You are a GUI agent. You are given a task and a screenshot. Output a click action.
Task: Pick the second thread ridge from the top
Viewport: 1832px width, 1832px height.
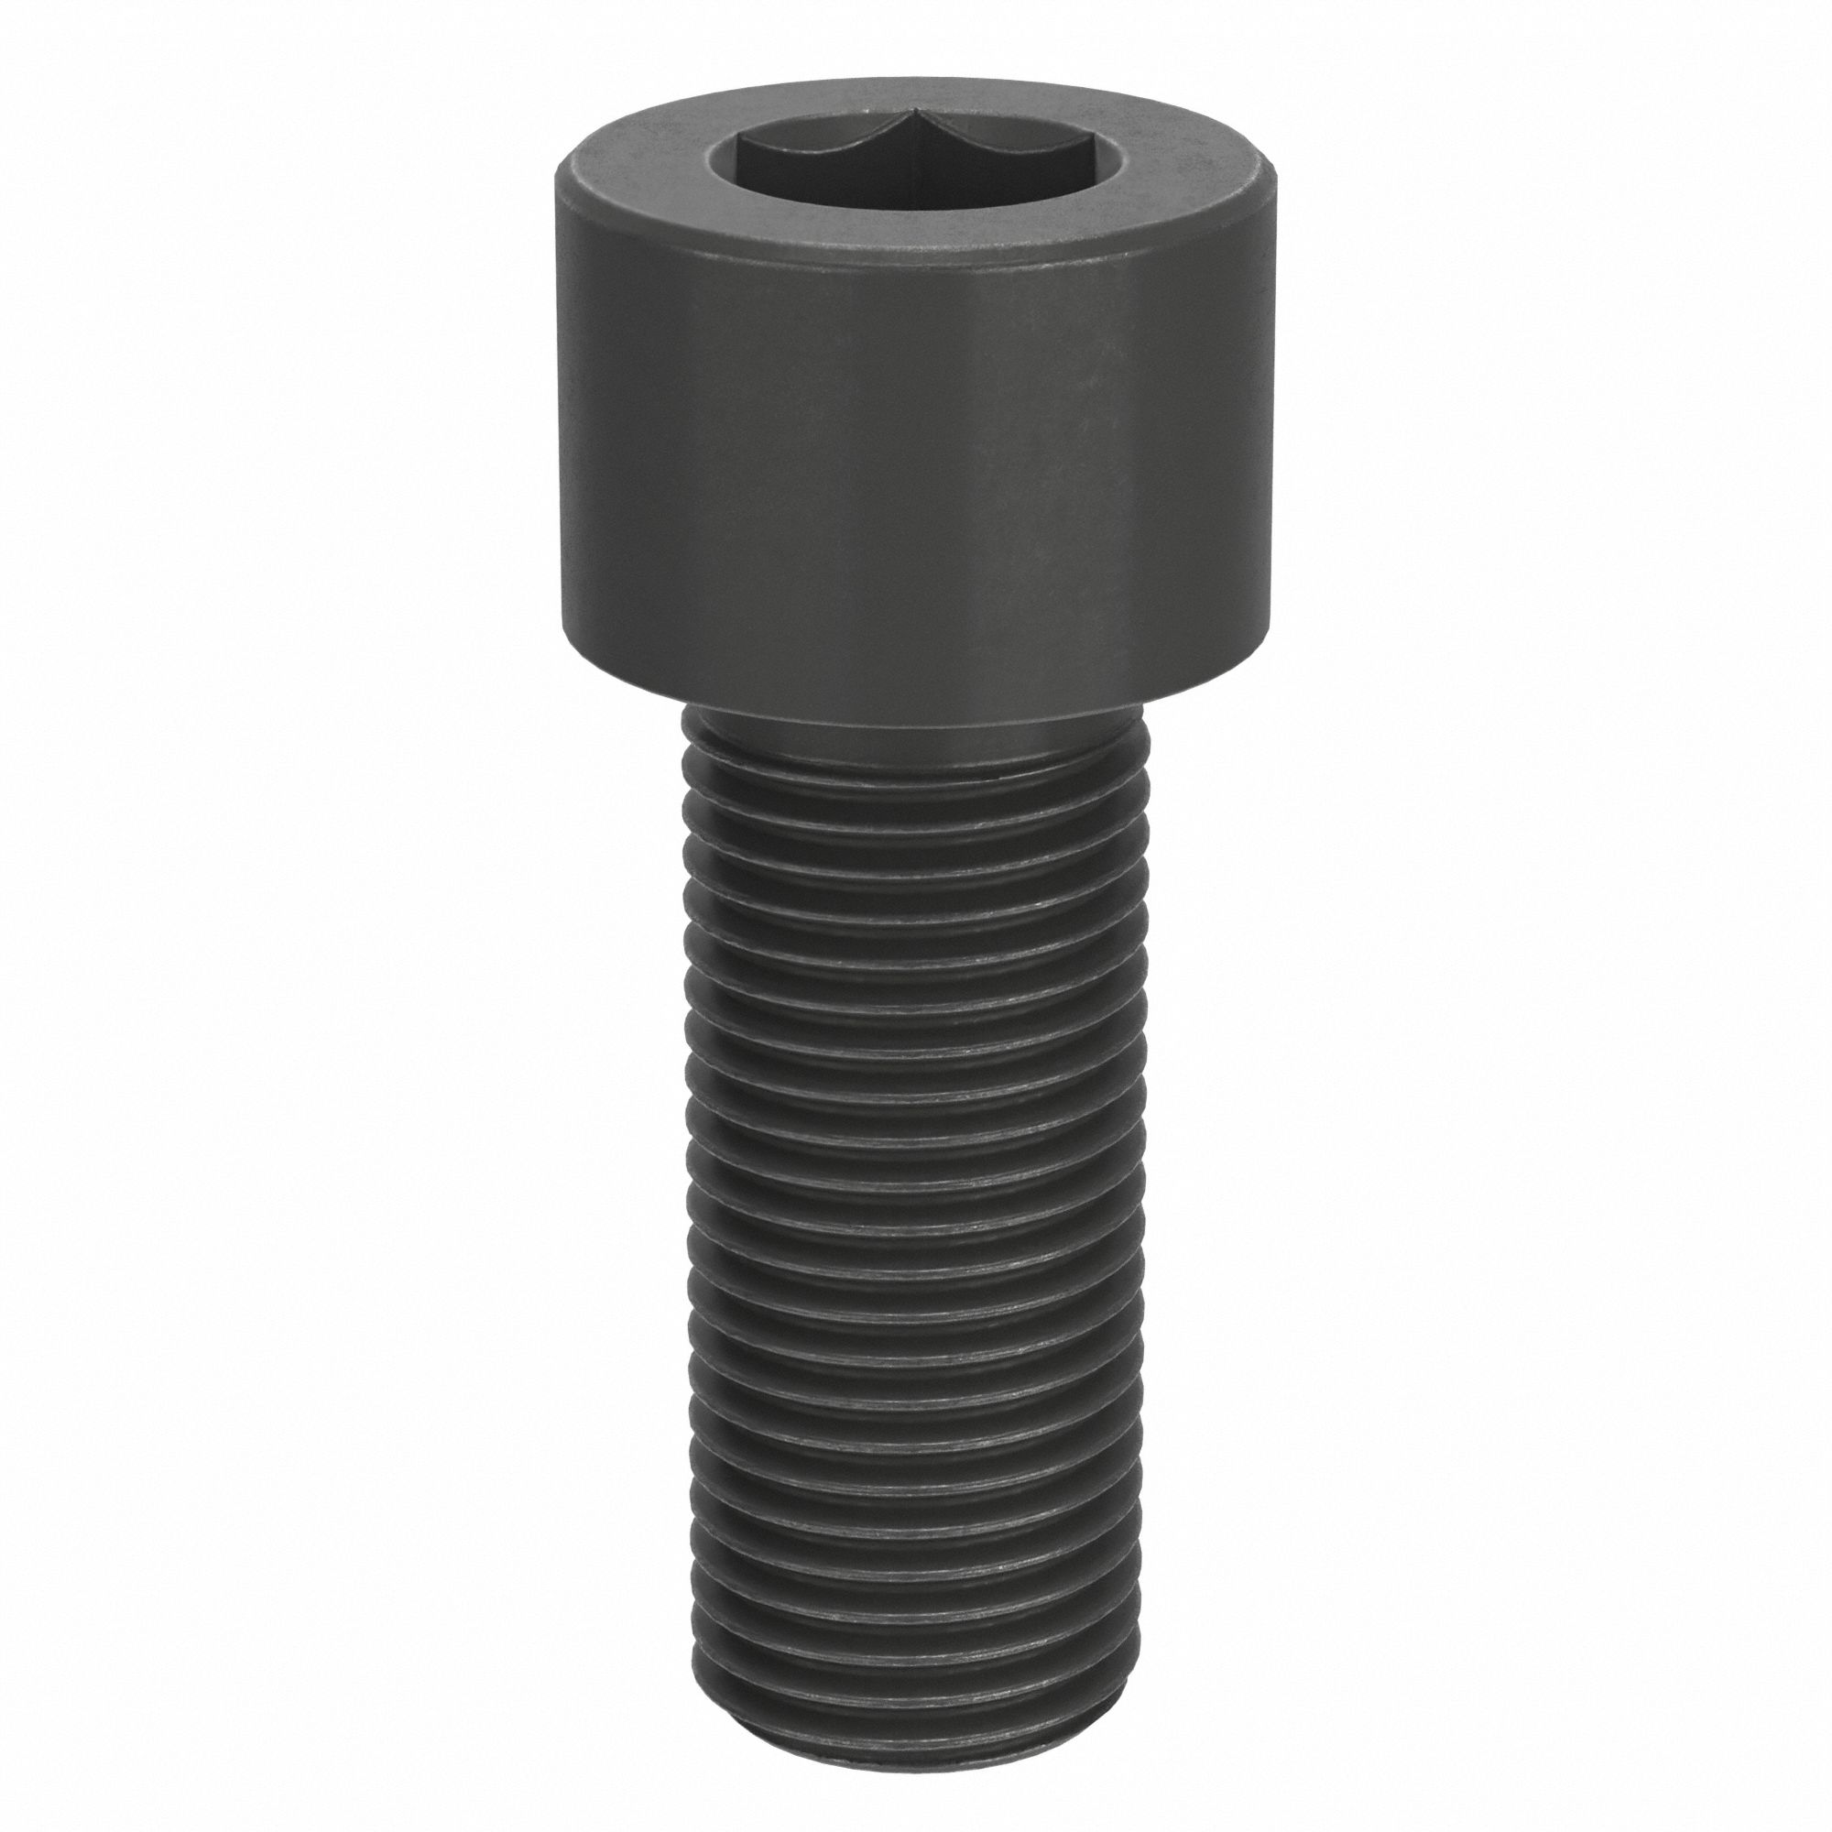tap(911, 817)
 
